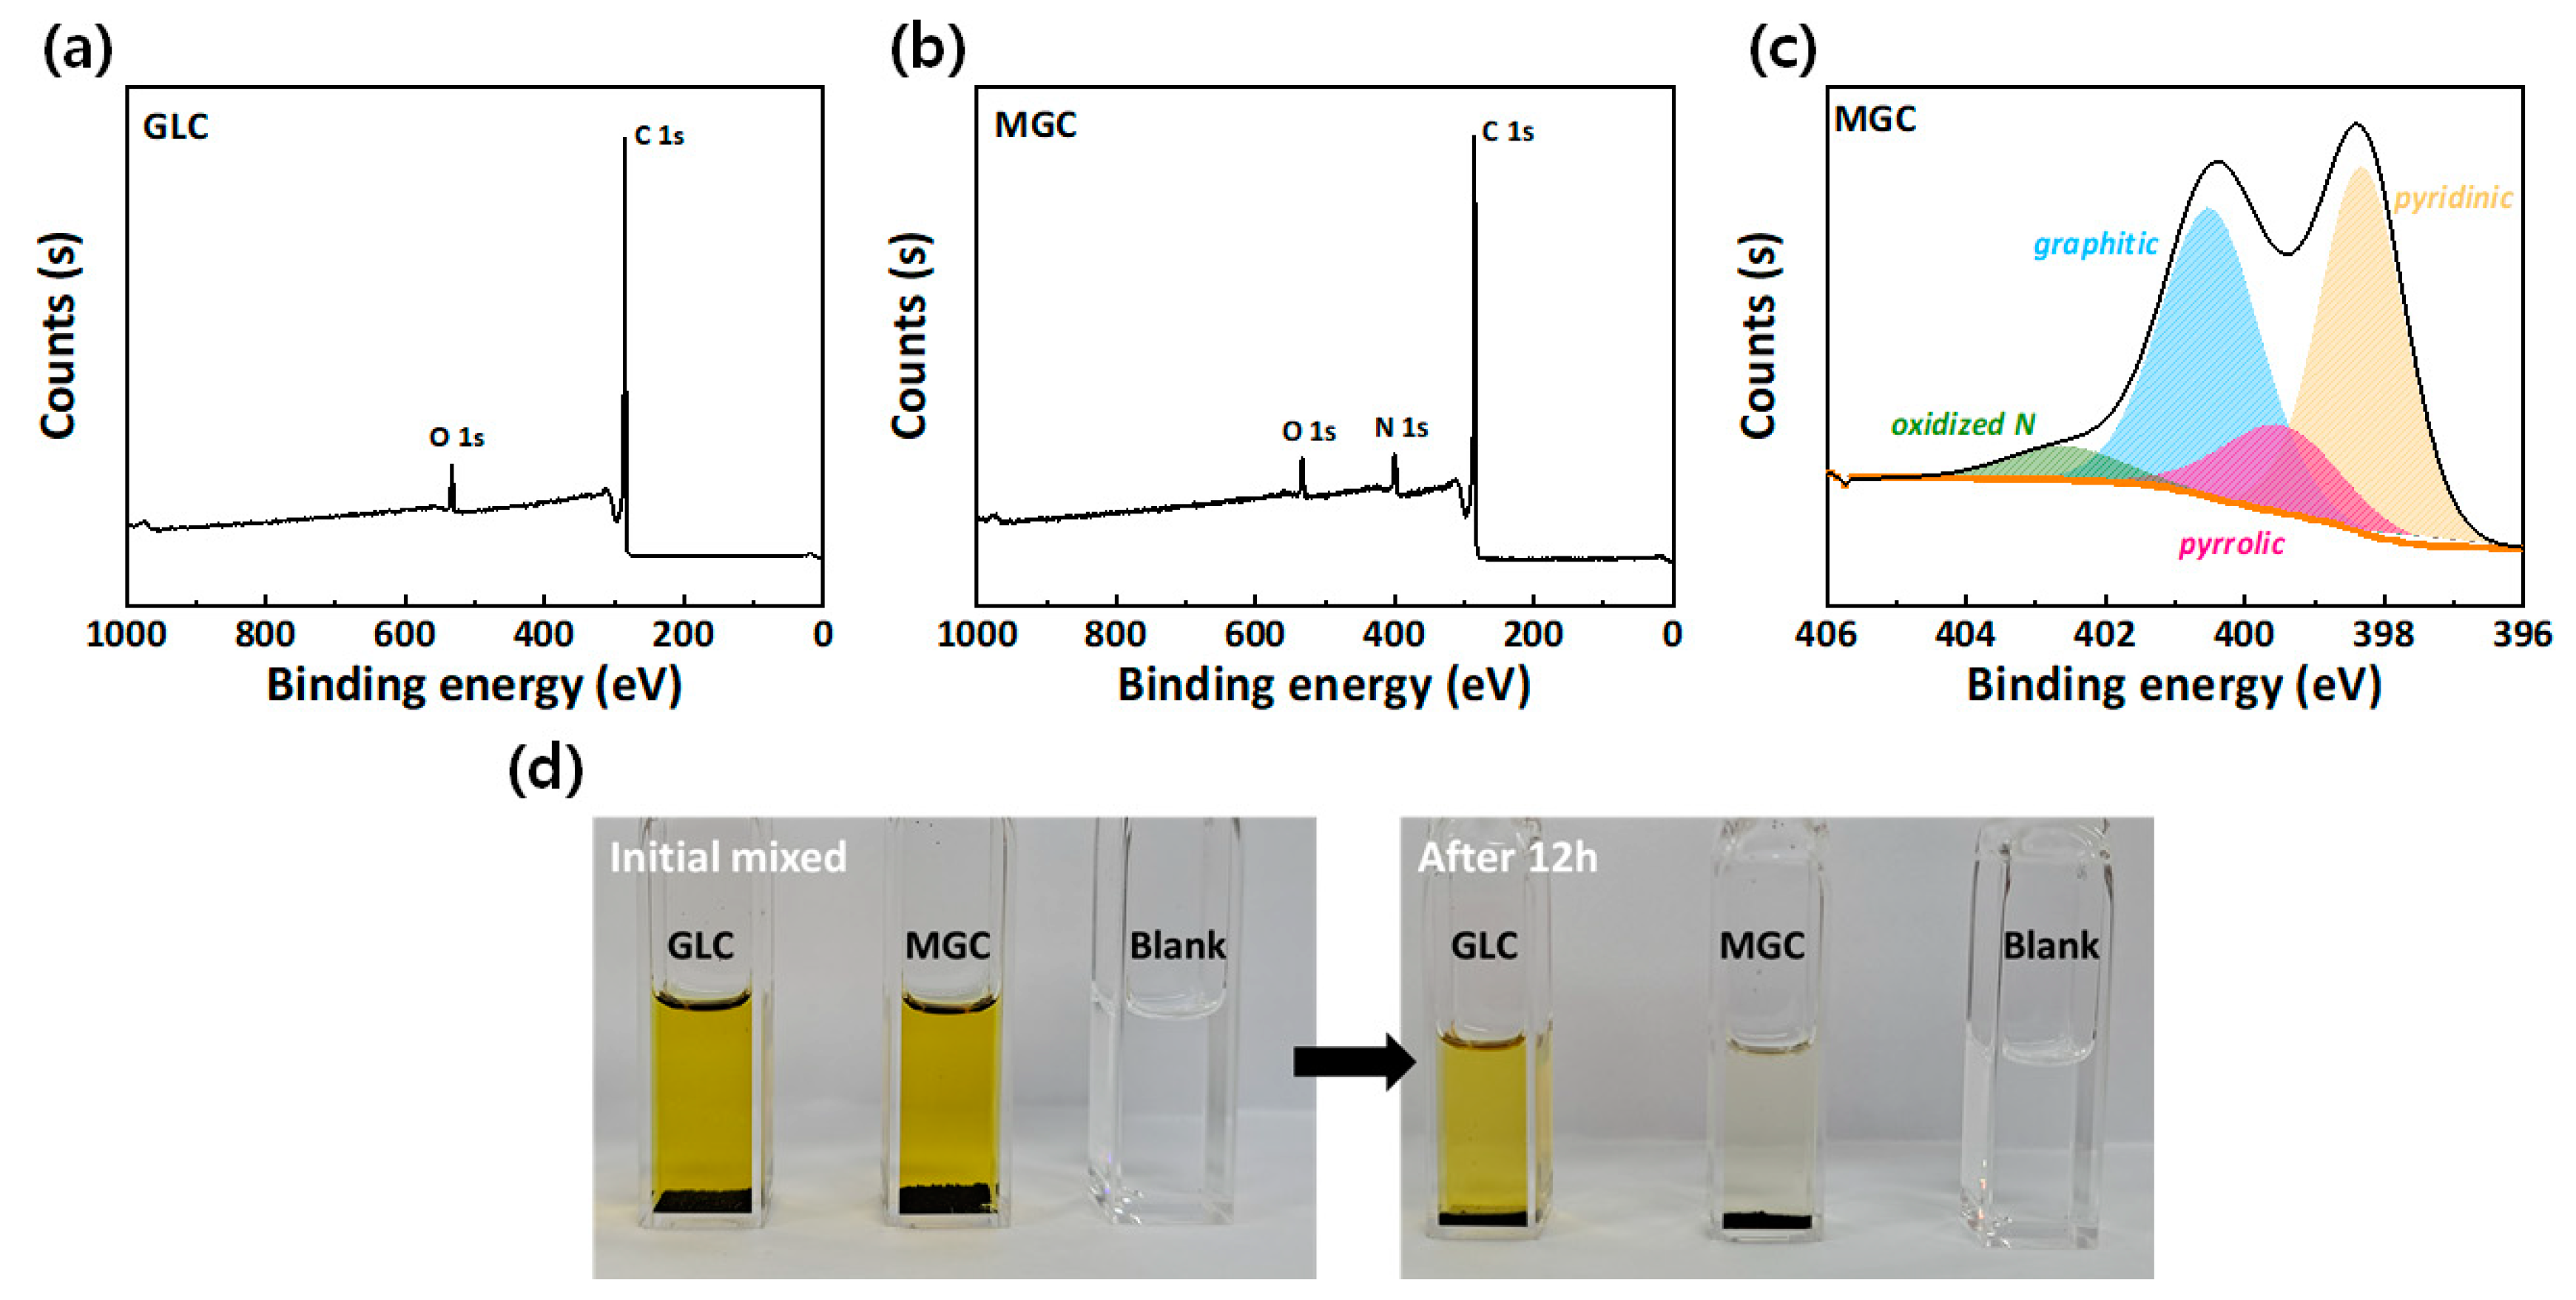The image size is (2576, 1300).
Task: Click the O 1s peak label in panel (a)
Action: (x=456, y=437)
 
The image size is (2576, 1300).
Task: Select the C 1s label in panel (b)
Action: (x=1507, y=131)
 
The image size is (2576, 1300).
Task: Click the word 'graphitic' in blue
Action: (x=2095, y=244)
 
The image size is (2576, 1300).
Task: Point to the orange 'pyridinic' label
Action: (x=2452, y=198)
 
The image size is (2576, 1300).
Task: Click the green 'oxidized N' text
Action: (x=1962, y=425)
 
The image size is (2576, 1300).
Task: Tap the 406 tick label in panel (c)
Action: (x=1826, y=634)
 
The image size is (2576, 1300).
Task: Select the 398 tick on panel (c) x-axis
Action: (x=2383, y=634)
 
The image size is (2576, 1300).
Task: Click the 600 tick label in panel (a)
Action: (x=404, y=634)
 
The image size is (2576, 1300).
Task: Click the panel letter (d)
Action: (x=545, y=770)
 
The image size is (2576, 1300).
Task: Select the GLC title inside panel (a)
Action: (x=175, y=127)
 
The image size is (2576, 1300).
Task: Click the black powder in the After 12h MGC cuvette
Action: (x=1767, y=1221)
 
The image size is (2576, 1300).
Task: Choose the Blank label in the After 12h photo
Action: (x=2050, y=945)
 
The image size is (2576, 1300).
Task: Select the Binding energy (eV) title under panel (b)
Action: (x=1323, y=686)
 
